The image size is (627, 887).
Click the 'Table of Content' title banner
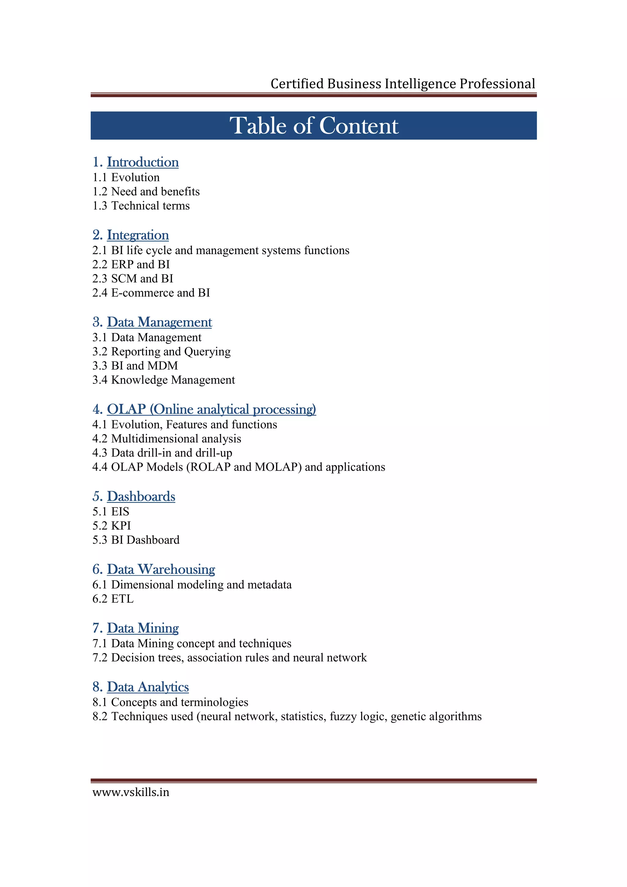point(314,125)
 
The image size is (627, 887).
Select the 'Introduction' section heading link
point(143,162)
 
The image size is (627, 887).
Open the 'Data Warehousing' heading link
point(161,569)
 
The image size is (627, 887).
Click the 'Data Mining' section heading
point(143,628)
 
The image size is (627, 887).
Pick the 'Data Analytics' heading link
point(148,687)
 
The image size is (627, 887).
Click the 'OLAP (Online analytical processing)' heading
point(211,410)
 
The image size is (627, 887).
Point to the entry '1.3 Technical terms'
point(141,206)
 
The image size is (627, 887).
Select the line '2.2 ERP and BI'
point(131,265)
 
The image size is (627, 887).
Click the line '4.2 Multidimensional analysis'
point(167,439)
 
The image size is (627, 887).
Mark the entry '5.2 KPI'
point(112,526)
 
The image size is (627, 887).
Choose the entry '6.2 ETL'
point(113,599)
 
